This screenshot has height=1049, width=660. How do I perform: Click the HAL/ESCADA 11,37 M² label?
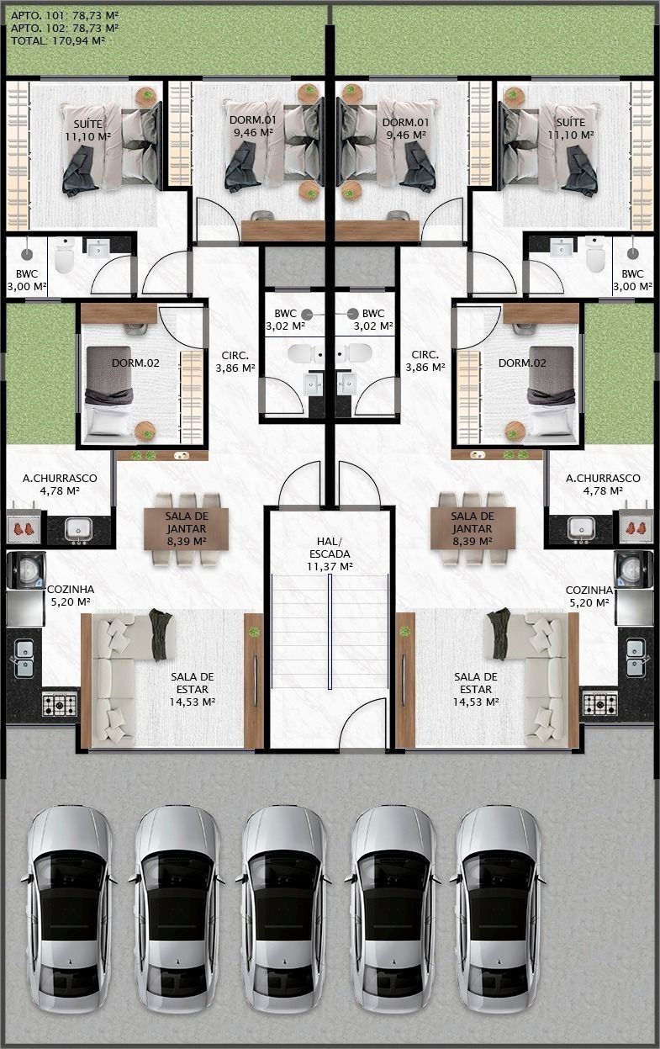pos(330,554)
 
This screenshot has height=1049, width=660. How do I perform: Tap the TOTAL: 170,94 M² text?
pos(57,40)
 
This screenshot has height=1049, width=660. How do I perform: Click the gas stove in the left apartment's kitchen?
pos(60,702)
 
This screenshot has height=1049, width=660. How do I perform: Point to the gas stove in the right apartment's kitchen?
pos(599,703)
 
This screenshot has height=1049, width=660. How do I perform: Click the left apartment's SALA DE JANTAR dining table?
pos(187,529)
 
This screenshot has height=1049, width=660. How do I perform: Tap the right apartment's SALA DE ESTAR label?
pos(476,689)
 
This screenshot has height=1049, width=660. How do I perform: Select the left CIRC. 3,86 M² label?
pos(235,362)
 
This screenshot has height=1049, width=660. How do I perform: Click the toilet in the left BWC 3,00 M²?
pos(64,255)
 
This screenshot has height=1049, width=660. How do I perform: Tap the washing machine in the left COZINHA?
pos(26,570)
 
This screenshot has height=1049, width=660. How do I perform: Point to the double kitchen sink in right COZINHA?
pos(636,658)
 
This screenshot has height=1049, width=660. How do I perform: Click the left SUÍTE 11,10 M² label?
pos(88,130)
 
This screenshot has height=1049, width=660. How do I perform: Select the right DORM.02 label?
pos(522,363)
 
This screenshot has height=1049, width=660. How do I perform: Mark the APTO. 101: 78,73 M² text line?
pos(65,15)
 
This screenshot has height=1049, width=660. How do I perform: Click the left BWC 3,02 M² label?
pos(285,320)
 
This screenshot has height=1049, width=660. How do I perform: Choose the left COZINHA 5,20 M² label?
pos(71,596)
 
